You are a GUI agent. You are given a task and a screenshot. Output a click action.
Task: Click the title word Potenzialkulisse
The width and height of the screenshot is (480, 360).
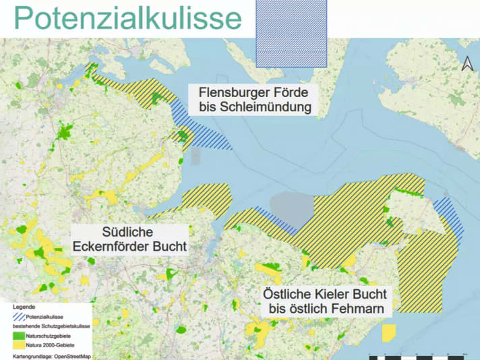point(127,18)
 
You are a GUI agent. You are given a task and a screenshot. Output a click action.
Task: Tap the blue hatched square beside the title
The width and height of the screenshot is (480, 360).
point(291,33)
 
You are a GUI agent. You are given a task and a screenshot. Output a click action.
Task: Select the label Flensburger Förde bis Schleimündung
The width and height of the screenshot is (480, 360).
point(254,100)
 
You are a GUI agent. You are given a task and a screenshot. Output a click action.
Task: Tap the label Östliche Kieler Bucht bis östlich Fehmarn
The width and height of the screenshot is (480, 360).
point(325,301)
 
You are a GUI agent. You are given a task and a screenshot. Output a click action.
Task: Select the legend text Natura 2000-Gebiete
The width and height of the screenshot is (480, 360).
point(51,344)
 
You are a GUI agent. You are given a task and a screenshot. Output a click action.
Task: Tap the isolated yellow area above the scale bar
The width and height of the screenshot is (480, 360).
point(389,333)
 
